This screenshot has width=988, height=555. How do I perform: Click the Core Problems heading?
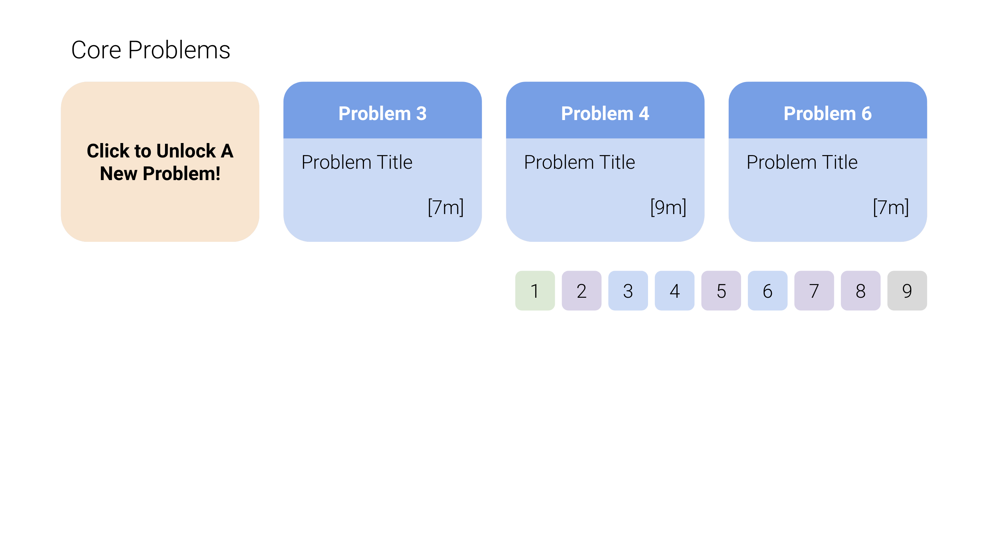click(x=151, y=50)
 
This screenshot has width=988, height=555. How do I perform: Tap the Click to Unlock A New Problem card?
click(x=160, y=162)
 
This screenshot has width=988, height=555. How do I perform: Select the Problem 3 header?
click(x=383, y=110)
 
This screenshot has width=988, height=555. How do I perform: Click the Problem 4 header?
click(x=605, y=110)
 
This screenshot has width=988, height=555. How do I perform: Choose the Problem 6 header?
click(x=828, y=110)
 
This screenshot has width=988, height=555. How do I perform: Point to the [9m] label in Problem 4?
click(x=669, y=207)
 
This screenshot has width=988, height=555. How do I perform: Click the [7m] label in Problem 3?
click(x=446, y=207)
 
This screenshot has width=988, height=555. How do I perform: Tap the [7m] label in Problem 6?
click(x=891, y=207)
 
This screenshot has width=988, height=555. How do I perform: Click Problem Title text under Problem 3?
click(x=357, y=162)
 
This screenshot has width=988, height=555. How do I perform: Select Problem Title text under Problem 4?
click(x=579, y=162)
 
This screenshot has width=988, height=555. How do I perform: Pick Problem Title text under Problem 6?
click(x=802, y=162)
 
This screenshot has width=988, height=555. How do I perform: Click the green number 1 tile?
click(x=535, y=291)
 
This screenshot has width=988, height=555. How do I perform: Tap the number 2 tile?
click(x=581, y=291)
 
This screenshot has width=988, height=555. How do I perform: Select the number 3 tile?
click(x=628, y=291)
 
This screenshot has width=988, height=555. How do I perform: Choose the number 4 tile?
click(x=675, y=291)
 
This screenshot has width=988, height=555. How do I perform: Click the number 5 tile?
click(x=721, y=291)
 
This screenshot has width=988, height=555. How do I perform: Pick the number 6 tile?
click(x=768, y=291)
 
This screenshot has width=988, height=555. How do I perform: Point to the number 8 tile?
click(x=861, y=291)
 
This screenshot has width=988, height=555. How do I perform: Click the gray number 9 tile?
click(x=907, y=291)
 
